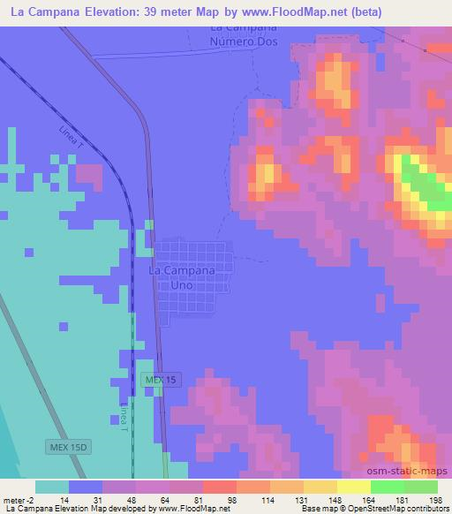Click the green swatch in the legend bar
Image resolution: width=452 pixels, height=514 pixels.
click(x=387, y=487)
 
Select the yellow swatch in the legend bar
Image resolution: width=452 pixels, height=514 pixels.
click(x=353, y=487)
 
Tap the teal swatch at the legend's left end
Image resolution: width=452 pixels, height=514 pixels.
click(x=51, y=487)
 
